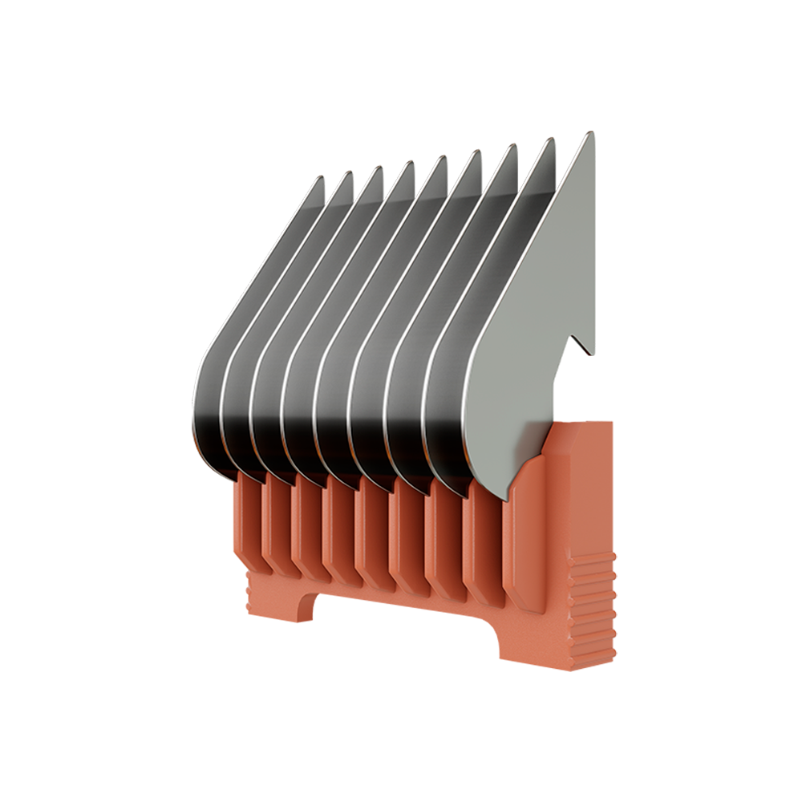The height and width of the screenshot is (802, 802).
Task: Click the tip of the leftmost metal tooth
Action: pyautogui.click(x=321, y=178)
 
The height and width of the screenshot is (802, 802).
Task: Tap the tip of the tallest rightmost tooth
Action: pyautogui.click(x=591, y=134)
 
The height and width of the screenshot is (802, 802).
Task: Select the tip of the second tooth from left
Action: pyautogui.click(x=350, y=172)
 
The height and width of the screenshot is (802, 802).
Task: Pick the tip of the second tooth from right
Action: pyautogui.click(x=552, y=140)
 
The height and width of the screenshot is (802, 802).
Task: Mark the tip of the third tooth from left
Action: pyautogui.click(x=379, y=168)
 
